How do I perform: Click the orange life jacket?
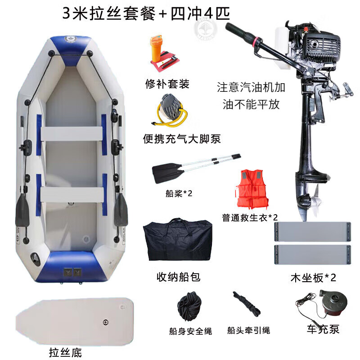click(x=252, y=189)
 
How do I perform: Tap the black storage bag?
click(x=177, y=240)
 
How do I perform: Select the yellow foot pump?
click(x=171, y=111)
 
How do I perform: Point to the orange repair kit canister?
click(x=156, y=48)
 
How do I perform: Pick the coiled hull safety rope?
click(x=189, y=306)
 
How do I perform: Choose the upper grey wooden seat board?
click(x=313, y=232)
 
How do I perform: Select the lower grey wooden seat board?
click(x=313, y=255)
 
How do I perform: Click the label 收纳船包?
click(x=178, y=277)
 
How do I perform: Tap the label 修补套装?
click(x=167, y=84)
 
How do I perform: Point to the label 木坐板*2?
click(x=313, y=278)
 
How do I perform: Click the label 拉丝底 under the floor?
click(x=65, y=352)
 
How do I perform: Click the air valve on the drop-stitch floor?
click(x=105, y=322)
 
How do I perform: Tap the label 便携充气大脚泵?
click(x=182, y=139)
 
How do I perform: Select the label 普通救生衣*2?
click(x=250, y=217)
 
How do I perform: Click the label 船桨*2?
click(x=179, y=193)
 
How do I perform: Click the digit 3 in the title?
click(x=66, y=13)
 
